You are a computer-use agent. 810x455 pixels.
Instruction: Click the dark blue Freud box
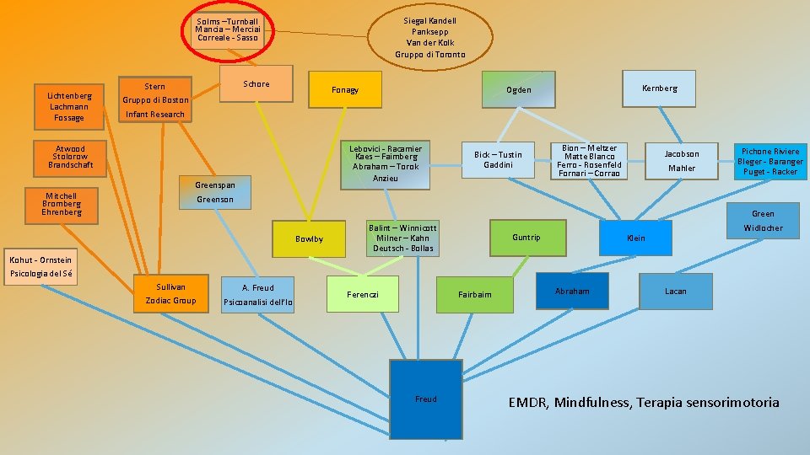pos(425,399)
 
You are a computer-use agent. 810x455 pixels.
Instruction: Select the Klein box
pos(635,238)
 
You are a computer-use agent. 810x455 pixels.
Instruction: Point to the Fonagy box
pos(344,90)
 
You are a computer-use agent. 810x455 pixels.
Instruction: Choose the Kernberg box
pos(659,88)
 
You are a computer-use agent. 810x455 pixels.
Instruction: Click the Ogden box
pos(518,90)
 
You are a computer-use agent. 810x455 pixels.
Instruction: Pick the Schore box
pos(256,84)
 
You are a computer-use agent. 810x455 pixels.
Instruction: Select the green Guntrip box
pos(526,238)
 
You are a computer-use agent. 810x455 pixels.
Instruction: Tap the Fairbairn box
pos(474,293)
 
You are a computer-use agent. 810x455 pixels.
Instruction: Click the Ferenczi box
pos(362,294)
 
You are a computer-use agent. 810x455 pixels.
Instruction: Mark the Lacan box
pos(675,292)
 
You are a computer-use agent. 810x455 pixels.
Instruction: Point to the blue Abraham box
pos(572,292)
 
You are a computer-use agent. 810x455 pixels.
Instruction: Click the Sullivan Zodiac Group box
pos(170,293)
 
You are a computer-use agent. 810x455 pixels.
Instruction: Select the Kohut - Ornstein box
pos(40,266)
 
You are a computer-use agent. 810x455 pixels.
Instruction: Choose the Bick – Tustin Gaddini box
pos(498,159)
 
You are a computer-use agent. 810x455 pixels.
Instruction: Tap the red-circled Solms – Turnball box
pos(226,30)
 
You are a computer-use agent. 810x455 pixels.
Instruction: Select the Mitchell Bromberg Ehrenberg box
pos(62,204)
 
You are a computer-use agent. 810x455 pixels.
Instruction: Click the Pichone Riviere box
pos(769,161)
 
